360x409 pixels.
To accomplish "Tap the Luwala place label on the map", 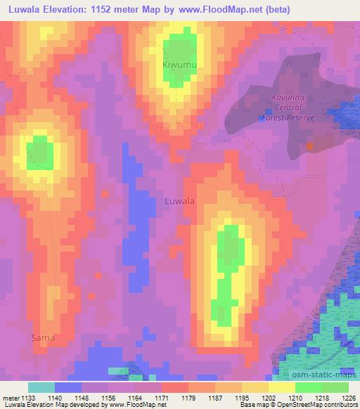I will click(x=179, y=201).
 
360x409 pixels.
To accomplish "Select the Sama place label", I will click(x=42, y=338).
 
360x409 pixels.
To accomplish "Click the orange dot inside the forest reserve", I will click(x=310, y=145).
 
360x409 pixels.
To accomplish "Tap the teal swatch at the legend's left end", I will click(x=41, y=387).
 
